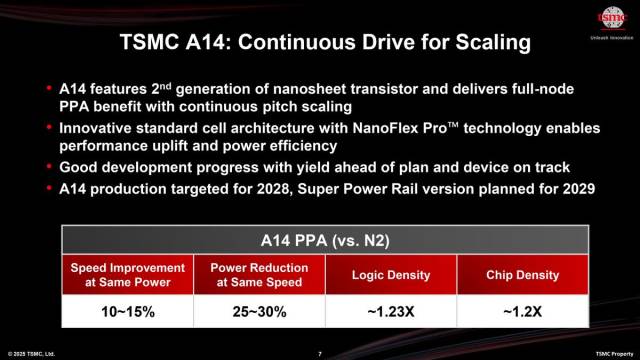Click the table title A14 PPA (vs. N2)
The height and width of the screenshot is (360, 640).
(320, 241)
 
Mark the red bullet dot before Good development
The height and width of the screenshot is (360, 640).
(50, 168)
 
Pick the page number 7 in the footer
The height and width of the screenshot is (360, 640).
(319, 353)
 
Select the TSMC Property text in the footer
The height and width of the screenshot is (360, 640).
(614, 353)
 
